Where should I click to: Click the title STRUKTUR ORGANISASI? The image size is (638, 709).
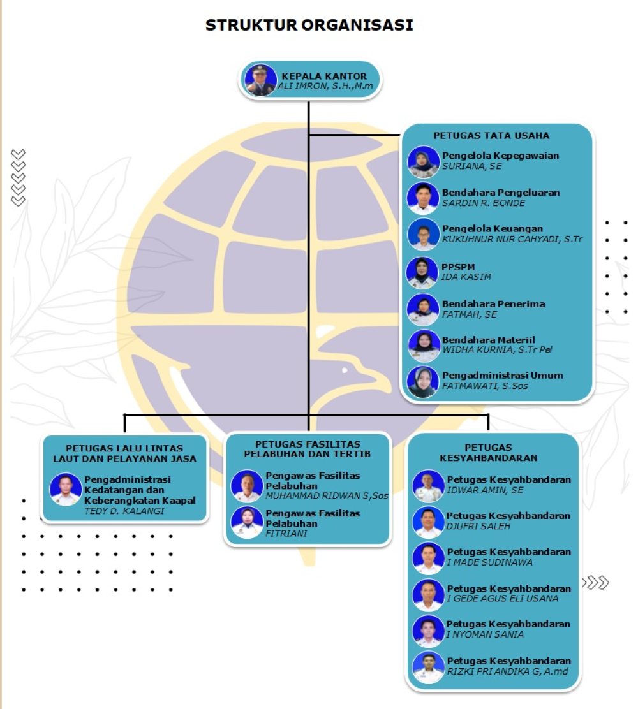309,25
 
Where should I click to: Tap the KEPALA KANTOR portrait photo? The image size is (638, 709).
260,80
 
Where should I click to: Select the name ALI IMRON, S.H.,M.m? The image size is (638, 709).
325,86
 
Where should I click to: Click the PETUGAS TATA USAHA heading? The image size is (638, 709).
491,135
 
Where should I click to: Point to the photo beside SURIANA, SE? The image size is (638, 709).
423,161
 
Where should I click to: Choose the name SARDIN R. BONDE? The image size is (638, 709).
483,203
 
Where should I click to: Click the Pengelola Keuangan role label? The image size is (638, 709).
493,229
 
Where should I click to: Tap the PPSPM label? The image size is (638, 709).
458,267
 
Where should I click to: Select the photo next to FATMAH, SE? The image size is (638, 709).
423,310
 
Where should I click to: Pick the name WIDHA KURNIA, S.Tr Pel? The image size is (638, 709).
497,349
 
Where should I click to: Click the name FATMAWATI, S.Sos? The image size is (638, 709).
485,386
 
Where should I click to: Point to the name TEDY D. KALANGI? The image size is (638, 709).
124,511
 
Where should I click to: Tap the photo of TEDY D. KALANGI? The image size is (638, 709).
66,489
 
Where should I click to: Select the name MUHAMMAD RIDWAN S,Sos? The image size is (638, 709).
327,496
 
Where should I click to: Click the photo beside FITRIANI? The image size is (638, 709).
247,522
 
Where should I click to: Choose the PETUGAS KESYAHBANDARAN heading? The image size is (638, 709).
488,453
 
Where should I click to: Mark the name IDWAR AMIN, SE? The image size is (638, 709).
485,490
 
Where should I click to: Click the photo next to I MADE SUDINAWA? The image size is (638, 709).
428,559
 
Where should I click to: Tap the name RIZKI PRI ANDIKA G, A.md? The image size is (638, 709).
507,671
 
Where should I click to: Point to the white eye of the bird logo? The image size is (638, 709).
345,370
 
